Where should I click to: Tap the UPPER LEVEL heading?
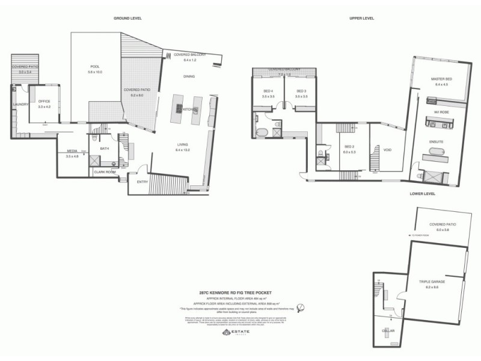pyautogui.click(x=362, y=18)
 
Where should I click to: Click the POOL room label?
pyautogui.click(x=95, y=66)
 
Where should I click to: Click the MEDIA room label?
pyautogui.click(x=72, y=151)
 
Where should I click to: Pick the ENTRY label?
pyautogui.click(x=142, y=182)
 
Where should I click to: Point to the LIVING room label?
pyautogui.click(x=183, y=143)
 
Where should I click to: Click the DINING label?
pyautogui.click(x=189, y=76)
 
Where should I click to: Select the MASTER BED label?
pyautogui.click(x=441, y=79)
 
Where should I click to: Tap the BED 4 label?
pyautogui.click(x=268, y=91)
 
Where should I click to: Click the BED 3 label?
pyautogui.click(x=293, y=91)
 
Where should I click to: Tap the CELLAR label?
pyautogui.click(x=388, y=330)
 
